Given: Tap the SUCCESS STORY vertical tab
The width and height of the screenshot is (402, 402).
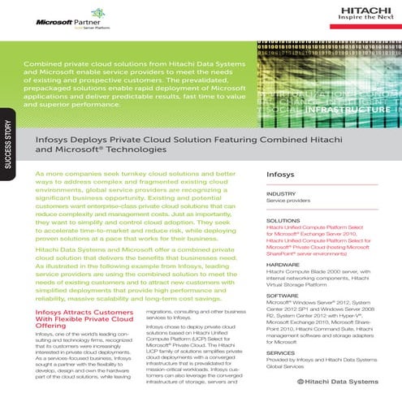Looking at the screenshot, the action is point(7,146).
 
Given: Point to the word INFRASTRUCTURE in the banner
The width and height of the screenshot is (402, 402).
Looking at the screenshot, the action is point(350,107).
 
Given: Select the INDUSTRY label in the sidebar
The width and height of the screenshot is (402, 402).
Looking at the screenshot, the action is point(281,194).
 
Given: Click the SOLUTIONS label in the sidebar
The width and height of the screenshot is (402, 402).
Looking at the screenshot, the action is point(283,220).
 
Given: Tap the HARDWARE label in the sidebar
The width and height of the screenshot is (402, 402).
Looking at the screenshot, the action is point(283,265).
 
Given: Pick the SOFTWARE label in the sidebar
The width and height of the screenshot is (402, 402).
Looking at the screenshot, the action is point(283,296).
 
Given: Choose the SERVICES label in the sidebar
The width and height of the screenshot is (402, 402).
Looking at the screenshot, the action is point(282,352).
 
